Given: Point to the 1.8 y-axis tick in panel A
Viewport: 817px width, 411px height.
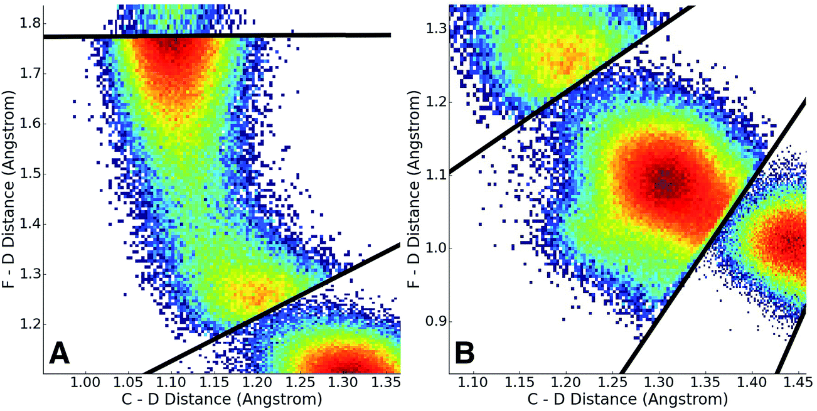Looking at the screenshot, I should [x=29, y=23].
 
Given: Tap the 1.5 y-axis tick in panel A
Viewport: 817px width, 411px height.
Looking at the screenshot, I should [x=29, y=174].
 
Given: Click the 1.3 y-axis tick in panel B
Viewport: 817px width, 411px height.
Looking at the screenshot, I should [x=437, y=28].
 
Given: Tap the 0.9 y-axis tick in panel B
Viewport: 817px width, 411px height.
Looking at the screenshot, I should [x=437, y=321].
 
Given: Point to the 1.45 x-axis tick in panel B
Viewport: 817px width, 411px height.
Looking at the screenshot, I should [x=797, y=383].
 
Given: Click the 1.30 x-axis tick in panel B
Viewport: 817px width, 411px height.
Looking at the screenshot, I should [x=658, y=383].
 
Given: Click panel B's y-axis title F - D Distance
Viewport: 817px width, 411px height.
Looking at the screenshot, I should [x=416, y=188].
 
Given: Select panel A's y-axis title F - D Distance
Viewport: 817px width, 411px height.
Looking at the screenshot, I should [x=11, y=188].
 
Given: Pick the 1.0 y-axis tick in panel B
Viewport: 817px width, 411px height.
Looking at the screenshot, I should [x=437, y=248].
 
